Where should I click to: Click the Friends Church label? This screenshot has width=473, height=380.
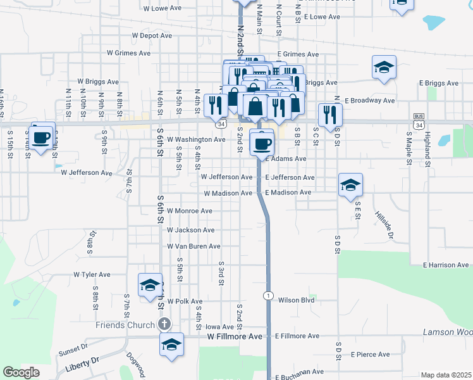coord(125,325)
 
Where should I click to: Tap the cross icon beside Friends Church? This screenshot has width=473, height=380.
coord(164,325)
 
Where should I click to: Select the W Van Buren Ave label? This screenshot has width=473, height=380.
coord(193,246)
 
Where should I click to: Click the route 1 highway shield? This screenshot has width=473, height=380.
coord(269,296)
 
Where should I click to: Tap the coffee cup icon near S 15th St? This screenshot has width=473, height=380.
coord(42,136)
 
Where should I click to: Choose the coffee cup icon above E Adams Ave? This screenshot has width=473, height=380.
coord(262,142)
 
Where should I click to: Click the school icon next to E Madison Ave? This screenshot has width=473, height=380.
coord(350,185)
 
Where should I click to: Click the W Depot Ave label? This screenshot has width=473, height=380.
coord(151,36)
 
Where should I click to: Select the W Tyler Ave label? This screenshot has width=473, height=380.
coord(92,275)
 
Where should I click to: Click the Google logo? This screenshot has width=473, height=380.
coord(21,372)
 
